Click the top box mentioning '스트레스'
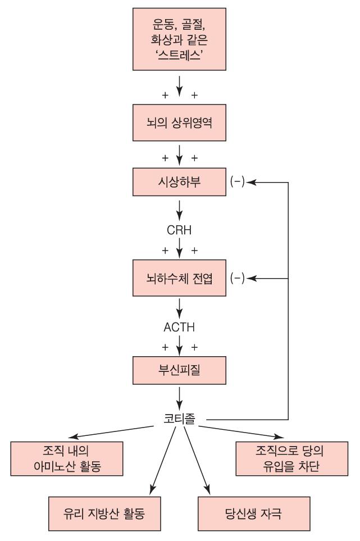(179, 40)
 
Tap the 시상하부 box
(179, 183)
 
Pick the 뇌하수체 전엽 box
(179, 278)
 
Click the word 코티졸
(179, 419)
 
